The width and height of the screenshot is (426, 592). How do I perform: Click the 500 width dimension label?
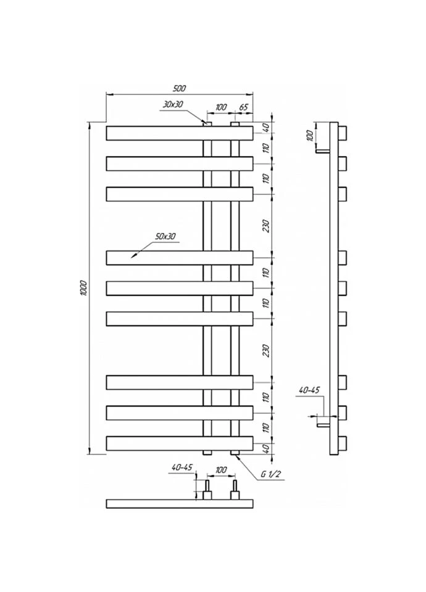point(180,88)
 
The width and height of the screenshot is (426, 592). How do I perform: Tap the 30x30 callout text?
point(173,105)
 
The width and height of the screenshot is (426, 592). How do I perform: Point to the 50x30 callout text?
point(165,236)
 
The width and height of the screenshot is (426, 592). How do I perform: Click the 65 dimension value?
point(243,107)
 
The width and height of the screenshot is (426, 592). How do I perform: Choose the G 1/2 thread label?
point(270,474)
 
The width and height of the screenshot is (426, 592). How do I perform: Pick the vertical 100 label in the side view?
point(310,135)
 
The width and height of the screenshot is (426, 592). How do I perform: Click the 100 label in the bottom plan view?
point(221,470)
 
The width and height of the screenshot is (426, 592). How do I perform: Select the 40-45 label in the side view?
point(309,390)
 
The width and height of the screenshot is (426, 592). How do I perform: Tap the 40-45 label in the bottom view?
point(182,467)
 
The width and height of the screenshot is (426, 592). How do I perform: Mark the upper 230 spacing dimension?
point(267,226)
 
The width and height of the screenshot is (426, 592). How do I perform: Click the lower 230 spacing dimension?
point(267,351)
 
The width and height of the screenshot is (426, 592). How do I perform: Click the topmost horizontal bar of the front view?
point(180,133)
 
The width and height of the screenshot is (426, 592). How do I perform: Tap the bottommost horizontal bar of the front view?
point(180,443)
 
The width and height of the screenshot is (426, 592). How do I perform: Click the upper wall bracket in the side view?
point(322,151)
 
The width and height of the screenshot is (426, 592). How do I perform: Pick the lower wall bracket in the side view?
point(324,425)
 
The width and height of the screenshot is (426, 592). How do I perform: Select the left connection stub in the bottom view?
point(207,490)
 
